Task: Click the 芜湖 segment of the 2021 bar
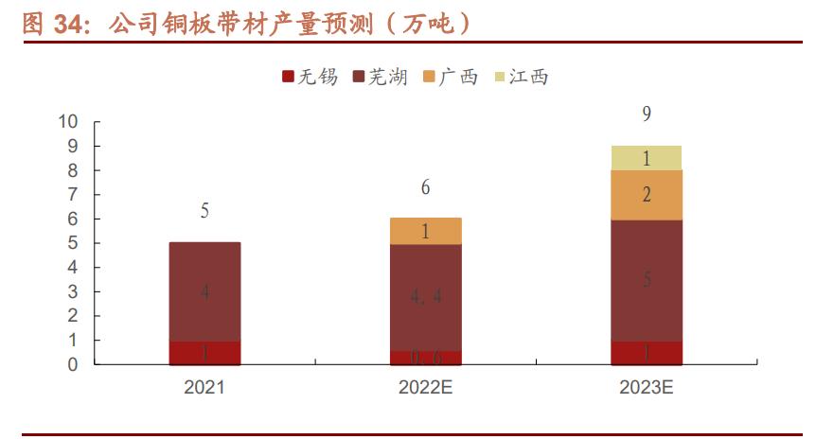coord(204,291)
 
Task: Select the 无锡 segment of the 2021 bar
coord(204,353)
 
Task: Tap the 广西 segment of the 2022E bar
coord(426,232)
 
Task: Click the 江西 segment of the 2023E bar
coord(647,158)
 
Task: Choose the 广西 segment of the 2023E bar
coord(647,195)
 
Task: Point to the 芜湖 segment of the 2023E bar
coord(647,280)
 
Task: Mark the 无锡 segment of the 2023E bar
coord(647,353)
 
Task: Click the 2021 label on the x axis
coord(204,387)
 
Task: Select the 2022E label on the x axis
coord(426,387)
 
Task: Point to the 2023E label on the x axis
coord(647,387)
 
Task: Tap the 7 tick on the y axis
coord(73,195)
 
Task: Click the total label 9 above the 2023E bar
coord(647,114)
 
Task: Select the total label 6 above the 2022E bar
coord(426,188)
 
